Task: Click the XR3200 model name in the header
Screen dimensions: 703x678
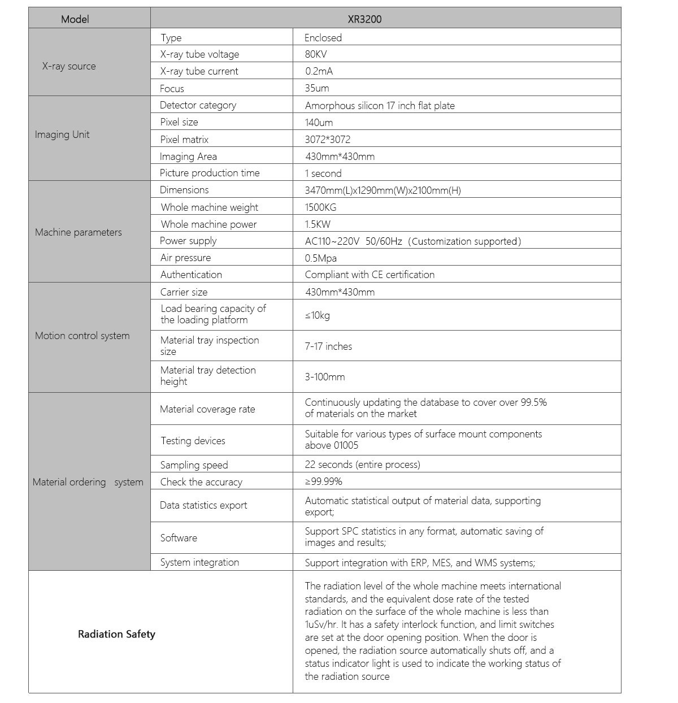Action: (x=364, y=19)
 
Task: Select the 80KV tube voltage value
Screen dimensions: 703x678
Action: (x=316, y=54)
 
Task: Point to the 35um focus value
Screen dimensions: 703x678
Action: (x=316, y=88)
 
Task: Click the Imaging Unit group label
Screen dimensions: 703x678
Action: (x=62, y=134)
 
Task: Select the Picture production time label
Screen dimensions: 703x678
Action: (x=210, y=173)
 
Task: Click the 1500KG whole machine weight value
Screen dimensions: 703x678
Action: (x=320, y=207)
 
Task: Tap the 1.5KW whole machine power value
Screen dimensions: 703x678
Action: (x=318, y=224)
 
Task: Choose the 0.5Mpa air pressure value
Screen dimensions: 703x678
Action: (x=320, y=258)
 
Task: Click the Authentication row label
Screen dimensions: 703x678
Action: (x=191, y=275)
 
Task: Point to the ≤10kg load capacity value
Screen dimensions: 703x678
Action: (x=317, y=315)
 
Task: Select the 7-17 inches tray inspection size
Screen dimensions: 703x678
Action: (x=328, y=346)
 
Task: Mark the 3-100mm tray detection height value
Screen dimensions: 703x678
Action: (x=324, y=377)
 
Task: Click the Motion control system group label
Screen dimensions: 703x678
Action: (x=82, y=336)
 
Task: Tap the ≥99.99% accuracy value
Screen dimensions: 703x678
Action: (x=323, y=481)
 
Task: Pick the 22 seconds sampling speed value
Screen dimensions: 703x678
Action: (x=362, y=465)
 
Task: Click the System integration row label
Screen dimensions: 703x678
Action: (x=199, y=562)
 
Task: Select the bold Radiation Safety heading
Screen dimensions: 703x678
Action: (x=116, y=634)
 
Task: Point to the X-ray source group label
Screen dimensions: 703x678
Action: (x=69, y=66)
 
